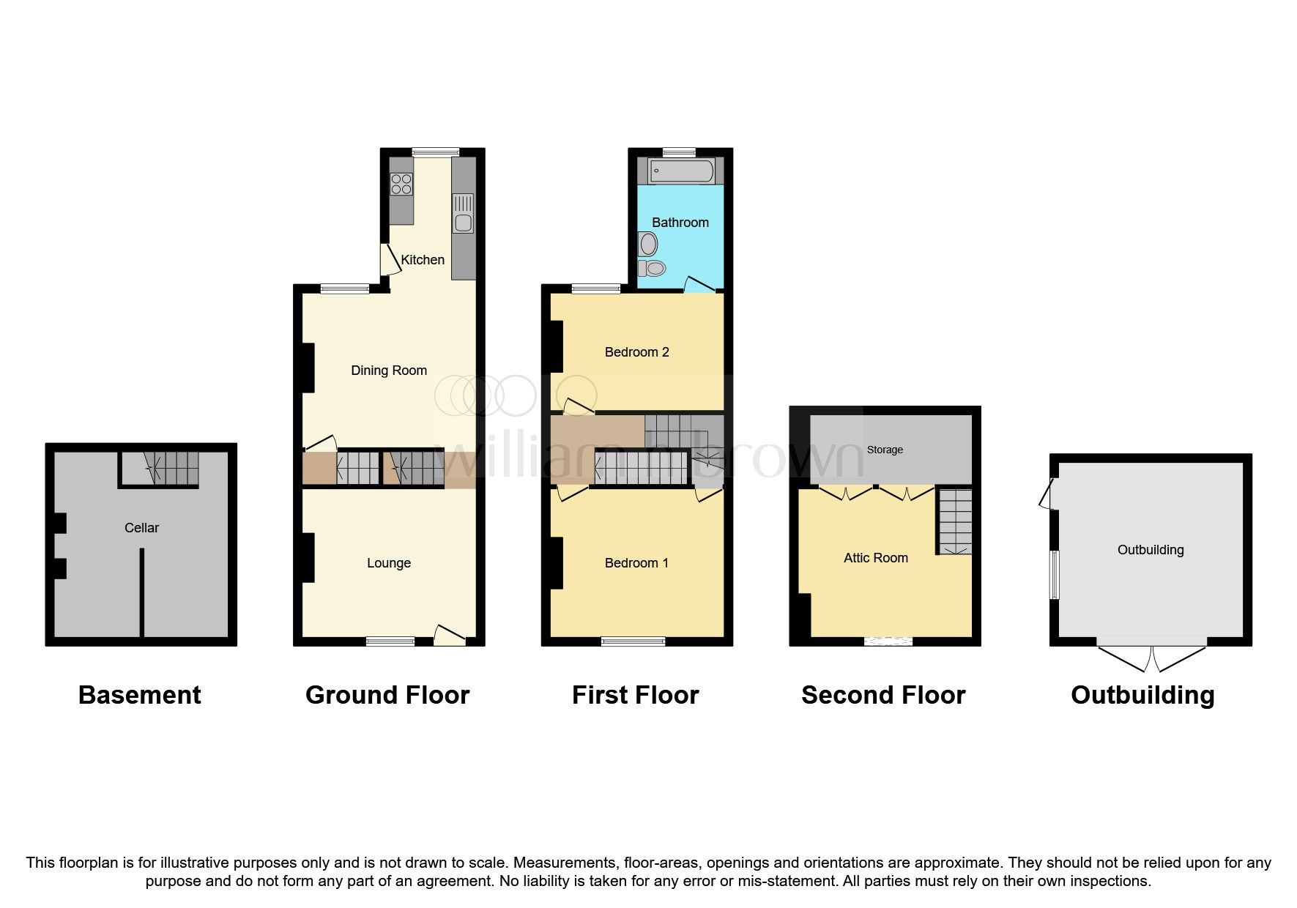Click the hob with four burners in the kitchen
click(401, 184)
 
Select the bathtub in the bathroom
click(680, 171)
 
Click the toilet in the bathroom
click(652, 268)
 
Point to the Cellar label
click(141, 528)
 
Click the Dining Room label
click(389, 371)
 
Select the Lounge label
click(389, 563)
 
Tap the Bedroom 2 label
click(636, 352)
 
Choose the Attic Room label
click(875, 558)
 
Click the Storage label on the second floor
click(885, 450)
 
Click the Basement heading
click(139, 695)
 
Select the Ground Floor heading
click(387, 695)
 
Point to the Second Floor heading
click(883, 695)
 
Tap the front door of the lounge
click(450, 636)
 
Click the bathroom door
click(699, 286)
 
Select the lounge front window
click(390, 642)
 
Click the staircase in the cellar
click(174, 469)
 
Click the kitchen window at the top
click(435, 152)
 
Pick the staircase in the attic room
click(954, 521)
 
